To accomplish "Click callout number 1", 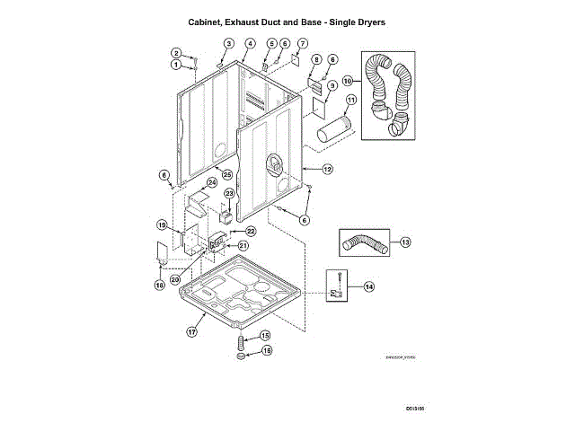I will tap(176, 65).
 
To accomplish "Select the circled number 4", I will tap(250, 43).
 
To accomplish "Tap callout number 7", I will tap(303, 43).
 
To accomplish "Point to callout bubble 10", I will tap(348, 80).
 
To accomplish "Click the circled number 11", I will tap(351, 100).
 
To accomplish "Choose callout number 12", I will tap(328, 169).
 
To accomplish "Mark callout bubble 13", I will tap(405, 242).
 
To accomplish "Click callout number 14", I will tap(369, 286).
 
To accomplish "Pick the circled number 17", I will tap(191, 331).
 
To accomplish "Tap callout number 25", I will tap(227, 173).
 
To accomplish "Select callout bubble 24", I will tap(212, 182).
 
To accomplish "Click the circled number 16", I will tap(266, 351).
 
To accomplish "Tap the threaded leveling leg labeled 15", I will tap(241, 341).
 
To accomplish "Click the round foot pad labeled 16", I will tap(241, 357).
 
